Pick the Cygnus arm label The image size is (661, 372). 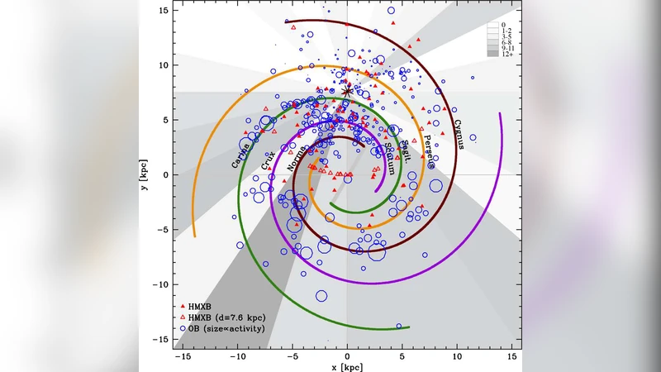[x=458, y=132]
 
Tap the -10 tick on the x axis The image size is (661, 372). [x=238, y=354]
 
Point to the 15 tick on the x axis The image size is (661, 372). [x=511, y=354]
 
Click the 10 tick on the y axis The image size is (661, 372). [x=165, y=65]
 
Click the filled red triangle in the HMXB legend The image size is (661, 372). [x=182, y=305]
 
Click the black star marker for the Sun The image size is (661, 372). [x=347, y=92]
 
